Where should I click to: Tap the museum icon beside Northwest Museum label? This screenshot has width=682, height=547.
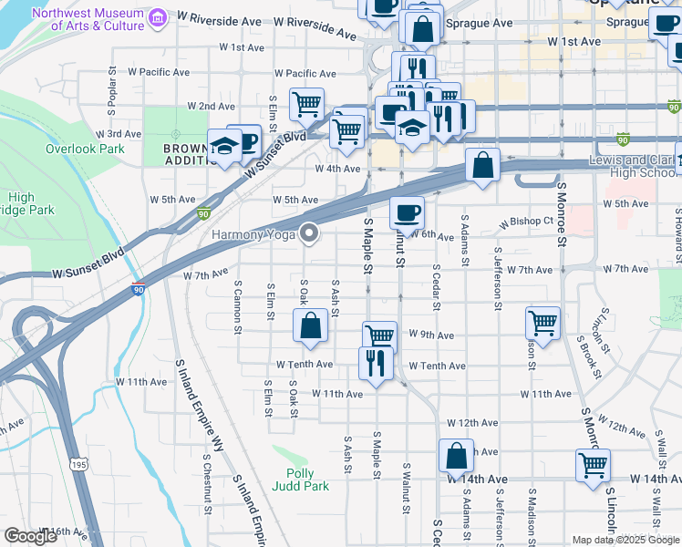[159, 18]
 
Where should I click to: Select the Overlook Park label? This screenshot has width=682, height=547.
[85, 149]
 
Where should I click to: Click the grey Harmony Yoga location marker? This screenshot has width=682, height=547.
[310, 233]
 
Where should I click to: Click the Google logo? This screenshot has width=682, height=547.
[29, 537]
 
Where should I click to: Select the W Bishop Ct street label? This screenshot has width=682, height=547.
[527, 222]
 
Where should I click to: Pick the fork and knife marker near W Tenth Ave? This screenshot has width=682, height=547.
[376, 361]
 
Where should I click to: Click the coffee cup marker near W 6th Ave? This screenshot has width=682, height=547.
[408, 212]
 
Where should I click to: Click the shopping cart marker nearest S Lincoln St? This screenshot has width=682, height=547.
[593, 464]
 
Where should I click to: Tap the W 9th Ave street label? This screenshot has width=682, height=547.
[431, 335]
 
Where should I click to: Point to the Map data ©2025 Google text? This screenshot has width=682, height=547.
[625, 540]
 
